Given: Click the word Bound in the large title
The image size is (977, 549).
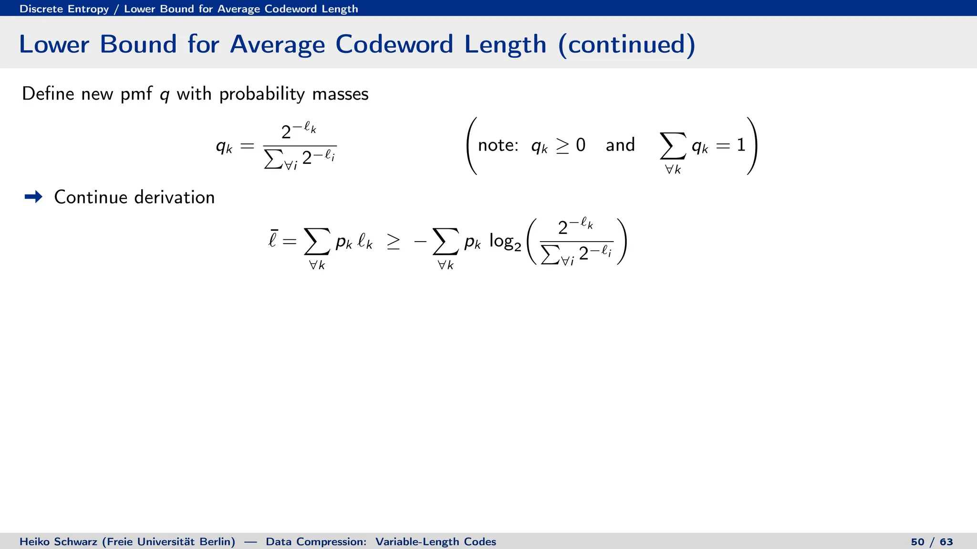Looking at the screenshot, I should click(x=138, y=44).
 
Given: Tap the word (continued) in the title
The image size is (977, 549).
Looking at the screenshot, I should click(x=626, y=44).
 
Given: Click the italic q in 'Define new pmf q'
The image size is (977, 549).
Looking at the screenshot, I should click(x=164, y=94).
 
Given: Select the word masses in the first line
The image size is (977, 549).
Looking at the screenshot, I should click(x=340, y=94).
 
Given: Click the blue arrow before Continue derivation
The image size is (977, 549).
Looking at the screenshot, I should click(x=33, y=197).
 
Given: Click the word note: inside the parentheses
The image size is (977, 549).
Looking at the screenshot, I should click(x=498, y=145).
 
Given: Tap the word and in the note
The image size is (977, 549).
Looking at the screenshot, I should click(x=620, y=145).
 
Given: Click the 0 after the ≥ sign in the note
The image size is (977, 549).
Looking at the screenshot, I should click(x=581, y=145).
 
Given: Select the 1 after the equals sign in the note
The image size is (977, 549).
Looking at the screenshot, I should click(x=741, y=145).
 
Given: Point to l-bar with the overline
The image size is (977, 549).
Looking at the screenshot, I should click(x=273, y=239).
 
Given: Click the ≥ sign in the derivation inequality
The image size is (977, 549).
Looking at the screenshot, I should click(x=394, y=242).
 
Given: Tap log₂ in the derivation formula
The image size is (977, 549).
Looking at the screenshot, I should click(x=505, y=242).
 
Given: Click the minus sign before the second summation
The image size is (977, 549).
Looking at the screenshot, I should click(x=420, y=242).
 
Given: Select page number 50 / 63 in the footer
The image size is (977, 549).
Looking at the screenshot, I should click(x=932, y=542).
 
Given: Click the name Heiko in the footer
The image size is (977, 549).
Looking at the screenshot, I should click(x=33, y=542).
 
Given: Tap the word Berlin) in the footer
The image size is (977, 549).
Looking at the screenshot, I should click(x=217, y=542).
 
